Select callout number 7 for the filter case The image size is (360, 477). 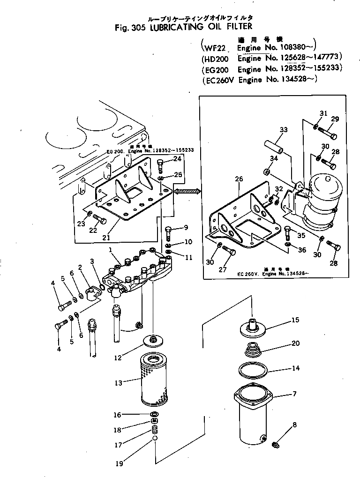pos(293,394)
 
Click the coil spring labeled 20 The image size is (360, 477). pos(252,349)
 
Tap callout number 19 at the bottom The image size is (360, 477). pos(120,463)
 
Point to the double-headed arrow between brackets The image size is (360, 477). pos(187,190)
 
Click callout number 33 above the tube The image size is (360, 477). pos(284,129)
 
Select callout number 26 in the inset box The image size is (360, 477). pos(240,179)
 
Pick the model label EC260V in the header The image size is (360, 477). pos(218,80)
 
